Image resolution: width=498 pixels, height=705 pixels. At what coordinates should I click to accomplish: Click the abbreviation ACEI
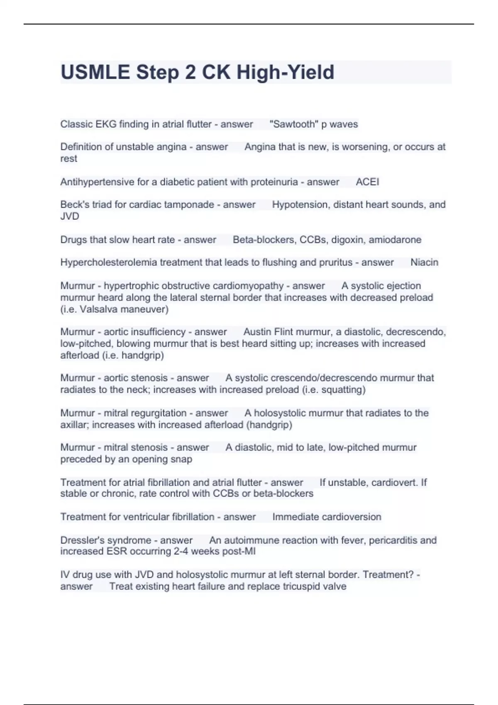tap(367, 182)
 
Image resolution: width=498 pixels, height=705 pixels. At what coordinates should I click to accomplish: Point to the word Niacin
tap(424, 262)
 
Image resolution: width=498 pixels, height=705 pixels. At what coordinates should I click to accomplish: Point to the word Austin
tap(257, 332)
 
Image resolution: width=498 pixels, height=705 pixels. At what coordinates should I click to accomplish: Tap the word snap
tap(181, 459)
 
